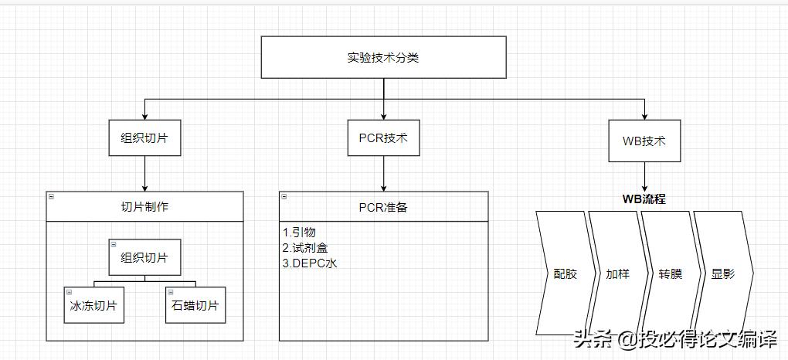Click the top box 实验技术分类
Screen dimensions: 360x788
383,57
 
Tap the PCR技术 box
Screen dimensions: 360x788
383,140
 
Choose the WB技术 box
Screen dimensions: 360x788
644,141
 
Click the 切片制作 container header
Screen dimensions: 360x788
144,206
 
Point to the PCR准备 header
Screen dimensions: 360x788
383,206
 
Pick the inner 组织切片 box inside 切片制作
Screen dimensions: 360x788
144,257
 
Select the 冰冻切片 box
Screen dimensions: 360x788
93,305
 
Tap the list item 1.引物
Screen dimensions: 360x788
299,232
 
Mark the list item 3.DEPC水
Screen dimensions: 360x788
310,263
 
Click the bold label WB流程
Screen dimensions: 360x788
644,199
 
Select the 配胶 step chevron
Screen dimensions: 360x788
563,273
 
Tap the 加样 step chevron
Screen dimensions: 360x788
616,273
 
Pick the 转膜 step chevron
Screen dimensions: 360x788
670,273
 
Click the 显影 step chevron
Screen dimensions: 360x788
722,273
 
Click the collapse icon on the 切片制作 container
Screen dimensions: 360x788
50,197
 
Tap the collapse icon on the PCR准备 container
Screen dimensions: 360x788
284,197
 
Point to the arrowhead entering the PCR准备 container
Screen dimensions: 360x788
383,187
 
